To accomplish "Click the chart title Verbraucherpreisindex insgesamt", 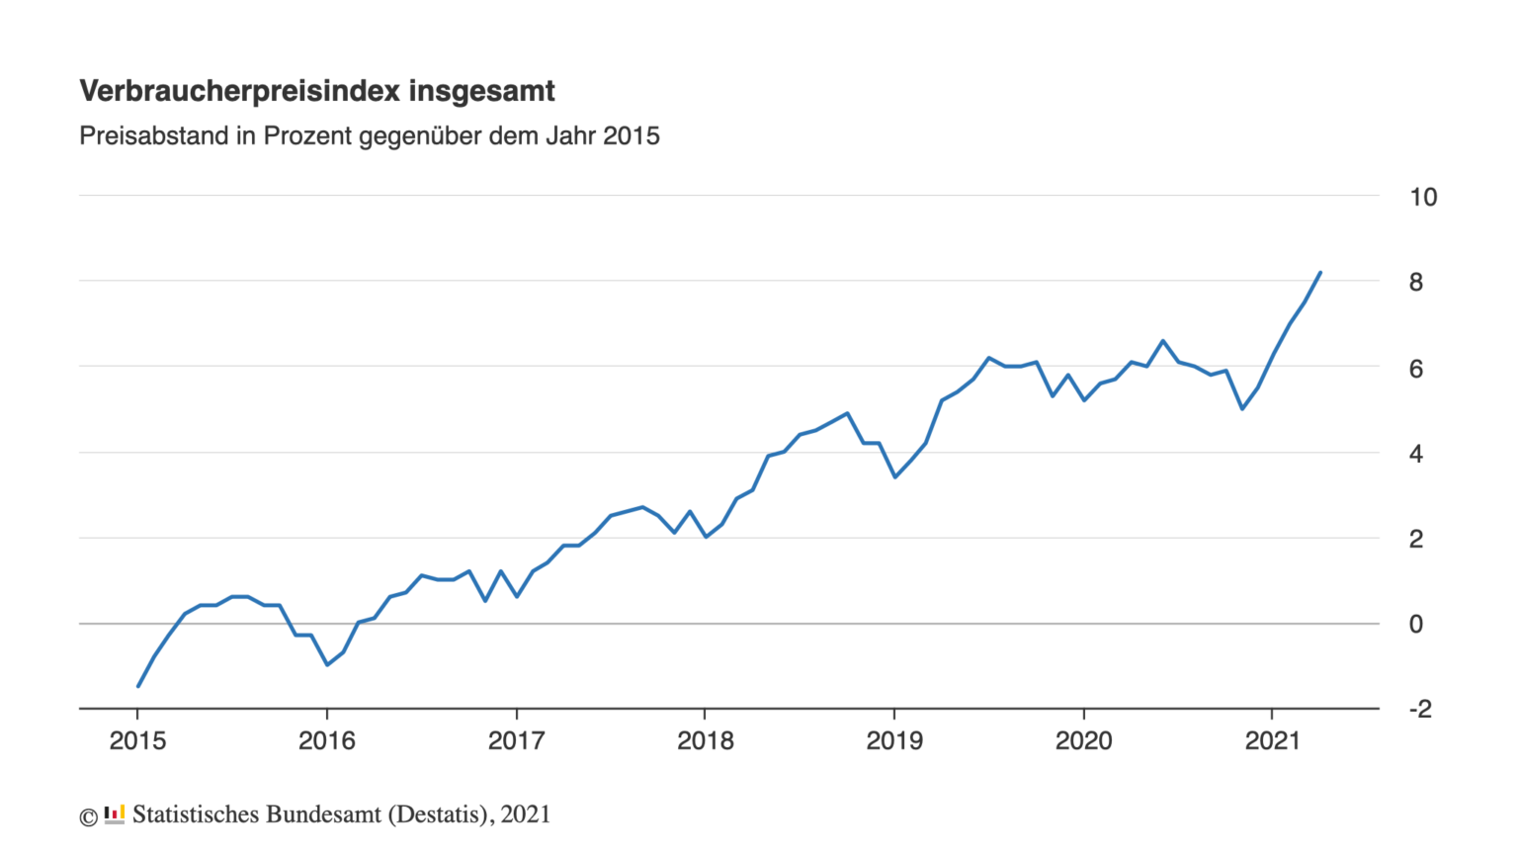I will tap(316, 91).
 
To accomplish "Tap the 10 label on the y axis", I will tap(1422, 197).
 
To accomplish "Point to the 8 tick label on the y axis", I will tap(1415, 283).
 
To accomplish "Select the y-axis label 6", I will tap(1415, 369).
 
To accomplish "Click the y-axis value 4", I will tap(1415, 454).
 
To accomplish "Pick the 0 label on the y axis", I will tap(1415, 625).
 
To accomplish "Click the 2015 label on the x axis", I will tap(137, 741).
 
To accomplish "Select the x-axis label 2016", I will tap(326, 741).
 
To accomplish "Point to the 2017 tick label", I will tap(516, 741).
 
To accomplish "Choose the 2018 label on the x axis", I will tap(705, 741).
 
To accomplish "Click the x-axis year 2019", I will tap(894, 741).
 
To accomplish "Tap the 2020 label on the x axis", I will tap(1083, 741).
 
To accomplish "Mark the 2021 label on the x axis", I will tap(1272, 741).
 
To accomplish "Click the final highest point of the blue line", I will tap(1320, 273).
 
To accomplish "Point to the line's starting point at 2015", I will tap(138, 685).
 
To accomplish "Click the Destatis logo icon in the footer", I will tap(115, 815).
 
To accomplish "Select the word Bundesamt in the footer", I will tap(324, 814).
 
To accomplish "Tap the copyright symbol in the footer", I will tap(88, 817).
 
